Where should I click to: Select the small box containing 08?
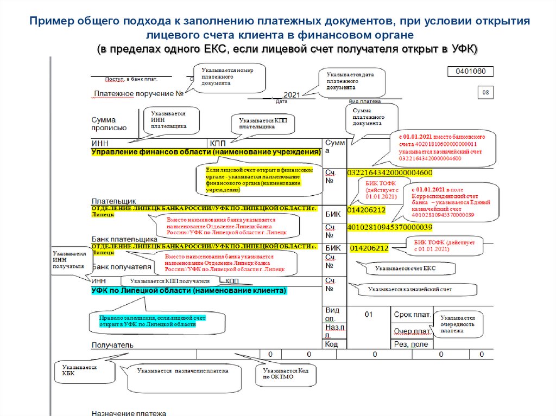click(485, 93)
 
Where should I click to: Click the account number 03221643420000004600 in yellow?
click(389, 172)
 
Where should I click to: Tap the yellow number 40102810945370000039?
click(389, 227)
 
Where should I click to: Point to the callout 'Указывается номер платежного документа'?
click(224, 76)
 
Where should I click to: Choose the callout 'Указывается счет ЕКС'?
click(406, 268)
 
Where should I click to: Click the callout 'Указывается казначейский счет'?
click(410, 290)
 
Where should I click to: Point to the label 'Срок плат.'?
click(413, 315)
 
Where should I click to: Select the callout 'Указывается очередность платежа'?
click(458, 324)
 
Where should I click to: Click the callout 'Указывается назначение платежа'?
click(182, 372)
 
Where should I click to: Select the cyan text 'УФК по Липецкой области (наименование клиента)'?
click(188, 291)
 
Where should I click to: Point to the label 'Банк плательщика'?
click(124, 239)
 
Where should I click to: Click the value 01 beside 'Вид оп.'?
click(369, 315)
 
